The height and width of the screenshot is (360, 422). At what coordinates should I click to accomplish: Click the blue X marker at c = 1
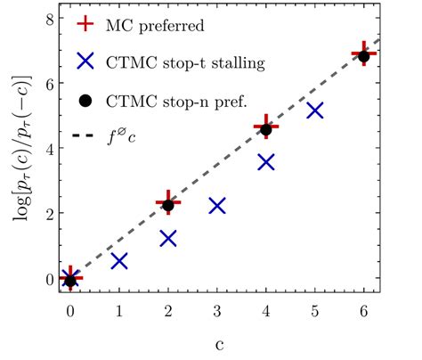[x=119, y=261]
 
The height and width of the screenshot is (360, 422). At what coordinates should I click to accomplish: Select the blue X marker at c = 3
[x=216, y=206]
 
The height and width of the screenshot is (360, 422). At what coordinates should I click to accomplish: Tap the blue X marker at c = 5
[x=314, y=111]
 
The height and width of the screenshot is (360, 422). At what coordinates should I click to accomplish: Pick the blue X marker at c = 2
[x=168, y=239]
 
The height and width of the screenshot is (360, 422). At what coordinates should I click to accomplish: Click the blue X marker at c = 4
[x=265, y=162]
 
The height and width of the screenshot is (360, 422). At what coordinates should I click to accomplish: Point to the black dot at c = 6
[x=363, y=56]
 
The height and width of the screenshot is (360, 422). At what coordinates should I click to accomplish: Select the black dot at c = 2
[x=168, y=205]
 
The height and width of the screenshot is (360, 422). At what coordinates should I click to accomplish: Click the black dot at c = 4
[x=265, y=130]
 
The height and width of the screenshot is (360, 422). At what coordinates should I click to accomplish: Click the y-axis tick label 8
[x=49, y=19]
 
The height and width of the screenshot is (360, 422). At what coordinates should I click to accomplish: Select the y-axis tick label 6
[x=49, y=84]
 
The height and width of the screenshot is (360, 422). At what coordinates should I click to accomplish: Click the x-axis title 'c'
[x=217, y=343]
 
